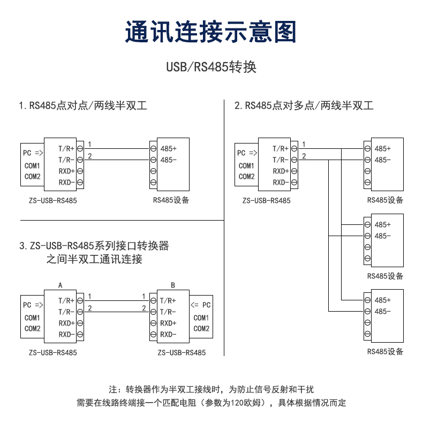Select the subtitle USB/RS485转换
(x=211, y=67)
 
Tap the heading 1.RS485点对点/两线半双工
(x=83, y=105)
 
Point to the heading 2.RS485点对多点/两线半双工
(x=304, y=105)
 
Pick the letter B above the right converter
(x=173, y=285)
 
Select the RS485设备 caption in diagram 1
(x=171, y=201)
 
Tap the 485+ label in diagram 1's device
(x=168, y=148)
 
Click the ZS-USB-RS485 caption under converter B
(x=182, y=353)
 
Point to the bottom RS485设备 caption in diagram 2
(x=385, y=352)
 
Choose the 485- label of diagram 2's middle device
(x=382, y=236)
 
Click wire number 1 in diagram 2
(x=304, y=145)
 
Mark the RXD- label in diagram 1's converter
(x=66, y=183)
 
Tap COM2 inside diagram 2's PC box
(x=246, y=177)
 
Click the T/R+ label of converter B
(x=168, y=300)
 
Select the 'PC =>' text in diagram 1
(x=33, y=153)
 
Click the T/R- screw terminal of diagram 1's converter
(x=80, y=160)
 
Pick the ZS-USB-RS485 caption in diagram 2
(x=266, y=201)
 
